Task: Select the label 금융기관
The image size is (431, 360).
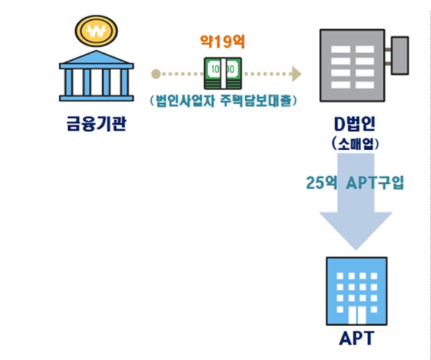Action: tap(95, 125)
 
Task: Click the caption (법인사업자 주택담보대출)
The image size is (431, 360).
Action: tap(223, 102)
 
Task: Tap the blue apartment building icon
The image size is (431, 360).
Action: tap(355, 291)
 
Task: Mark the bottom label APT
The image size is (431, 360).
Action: tap(355, 338)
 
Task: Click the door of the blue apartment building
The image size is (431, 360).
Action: tap(355, 315)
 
